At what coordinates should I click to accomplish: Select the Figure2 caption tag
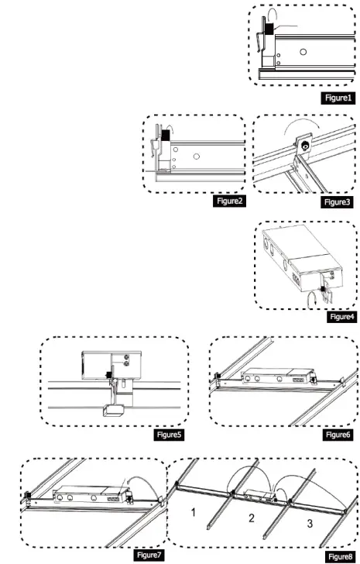[x=230, y=201]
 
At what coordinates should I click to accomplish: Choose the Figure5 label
[x=169, y=435]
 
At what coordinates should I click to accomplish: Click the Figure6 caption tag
[x=338, y=435]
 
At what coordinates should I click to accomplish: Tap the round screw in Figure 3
[x=307, y=147]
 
